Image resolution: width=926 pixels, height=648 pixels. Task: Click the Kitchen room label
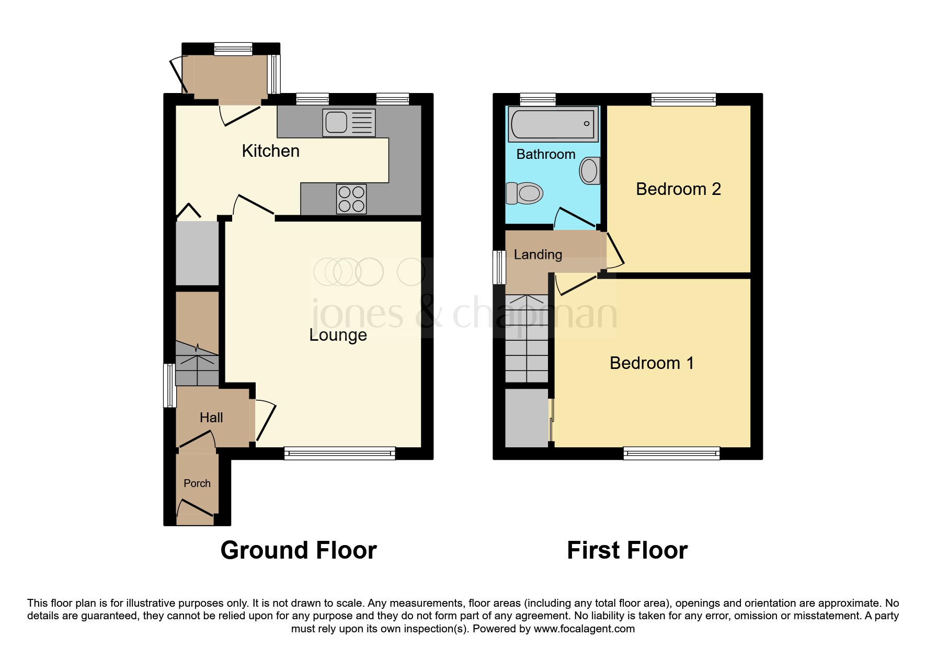pyautogui.click(x=270, y=151)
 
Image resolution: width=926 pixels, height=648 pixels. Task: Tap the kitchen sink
pyautogui.click(x=349, y=123)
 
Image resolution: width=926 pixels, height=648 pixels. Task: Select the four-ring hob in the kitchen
pyautogui.click(x=351, y=199)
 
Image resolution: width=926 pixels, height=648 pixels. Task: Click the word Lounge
pyautogui.click(x=338, y=334)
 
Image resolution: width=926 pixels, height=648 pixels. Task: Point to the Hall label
pyautogui.click(x=211, y=418)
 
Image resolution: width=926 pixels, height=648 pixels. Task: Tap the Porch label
pyautogui.click(x=197, y=483)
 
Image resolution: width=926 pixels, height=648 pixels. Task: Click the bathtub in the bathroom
pyautogui.click(x=553, y=124)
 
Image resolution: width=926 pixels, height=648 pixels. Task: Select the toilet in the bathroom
pyautogui.click(x=524, y=193)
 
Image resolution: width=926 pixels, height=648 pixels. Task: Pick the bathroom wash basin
pyautogui.click(x=589, y=170)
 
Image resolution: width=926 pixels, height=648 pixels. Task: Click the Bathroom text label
pyautogui.click(x=545, y=154)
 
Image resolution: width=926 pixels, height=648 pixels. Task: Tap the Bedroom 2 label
pyautogui.click(x=678, y=189)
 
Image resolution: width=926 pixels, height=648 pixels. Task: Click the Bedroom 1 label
pyautogui.click(x=651, y=363)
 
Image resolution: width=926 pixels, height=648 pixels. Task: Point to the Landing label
pyautogui.click(x=538, y=254)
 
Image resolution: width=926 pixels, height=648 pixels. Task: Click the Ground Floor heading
pyautogui.click(x=299, y=550)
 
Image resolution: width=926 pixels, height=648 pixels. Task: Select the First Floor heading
pyautogui.click(x=627, y=550)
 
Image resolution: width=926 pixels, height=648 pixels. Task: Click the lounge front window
pyautogui.click(x=339, y=453)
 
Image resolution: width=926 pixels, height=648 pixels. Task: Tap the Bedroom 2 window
pyautogui.click(x=683, y=99)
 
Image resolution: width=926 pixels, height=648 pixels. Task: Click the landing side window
pyautogui.click(x=499, y=267)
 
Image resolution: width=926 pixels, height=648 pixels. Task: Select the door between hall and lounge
pyautogui.click(x=265, y=421)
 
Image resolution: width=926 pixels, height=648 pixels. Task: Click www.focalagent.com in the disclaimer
pyautogui.click(x=584, y=629)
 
